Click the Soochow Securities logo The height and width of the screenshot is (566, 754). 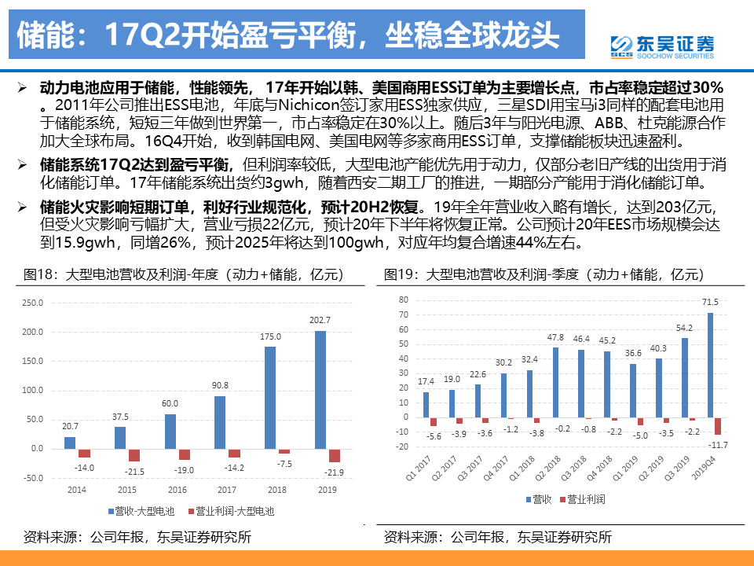pyautogui.click(x=662, y=46)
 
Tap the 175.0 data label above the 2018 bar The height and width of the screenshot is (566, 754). pyautogui.click(x=270, y=337)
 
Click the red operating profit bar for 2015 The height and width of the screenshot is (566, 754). pyautogui.click(x=134, y=454)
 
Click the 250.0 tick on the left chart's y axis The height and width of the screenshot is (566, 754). pyautogui.click(x=33, y=303)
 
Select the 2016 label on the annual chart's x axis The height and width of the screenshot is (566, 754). pyautogui.click(x=177, y=489)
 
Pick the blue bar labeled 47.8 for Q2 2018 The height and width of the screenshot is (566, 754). pyautogui.click(x=555, y=382)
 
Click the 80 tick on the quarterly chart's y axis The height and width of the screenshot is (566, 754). pyautogui.click(x=404, y=300)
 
